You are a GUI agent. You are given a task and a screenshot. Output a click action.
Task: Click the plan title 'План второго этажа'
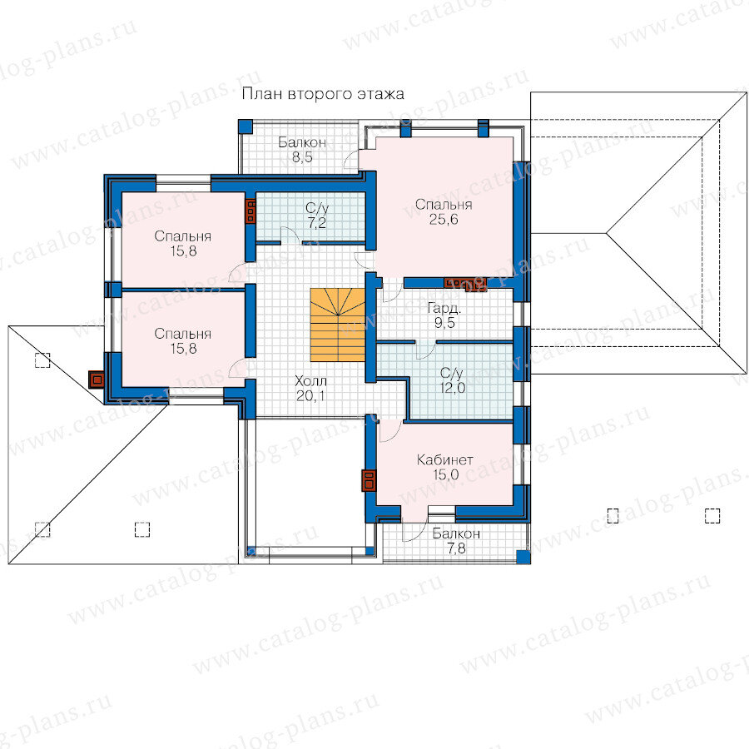point(323,94)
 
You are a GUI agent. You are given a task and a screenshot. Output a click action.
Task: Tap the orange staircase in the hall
point(338,325)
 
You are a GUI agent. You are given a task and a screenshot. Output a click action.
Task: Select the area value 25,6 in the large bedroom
point(444,219)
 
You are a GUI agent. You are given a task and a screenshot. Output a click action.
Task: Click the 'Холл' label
point(311,380)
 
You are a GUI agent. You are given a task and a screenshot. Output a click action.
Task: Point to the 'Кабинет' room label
point(445,460)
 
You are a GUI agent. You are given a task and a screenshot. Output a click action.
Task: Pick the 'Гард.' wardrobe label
point(444,308)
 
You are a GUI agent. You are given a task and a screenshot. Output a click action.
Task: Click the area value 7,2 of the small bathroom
point(317,223)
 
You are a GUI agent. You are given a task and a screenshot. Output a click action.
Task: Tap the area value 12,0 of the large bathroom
point(452,387)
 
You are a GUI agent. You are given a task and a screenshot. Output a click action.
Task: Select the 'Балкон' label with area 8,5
point(302,142)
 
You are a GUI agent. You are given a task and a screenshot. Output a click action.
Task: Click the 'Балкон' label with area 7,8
point(456,533)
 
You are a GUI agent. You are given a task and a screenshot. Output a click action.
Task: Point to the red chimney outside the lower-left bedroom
point(97,380)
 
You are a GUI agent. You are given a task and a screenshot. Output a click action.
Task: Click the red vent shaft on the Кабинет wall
point(369,480)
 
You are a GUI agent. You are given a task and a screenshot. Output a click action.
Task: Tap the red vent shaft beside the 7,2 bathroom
point(250,211)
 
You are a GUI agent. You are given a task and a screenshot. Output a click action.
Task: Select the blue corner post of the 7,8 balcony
point(523,557)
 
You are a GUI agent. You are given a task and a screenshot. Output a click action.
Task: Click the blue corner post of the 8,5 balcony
point(246,126)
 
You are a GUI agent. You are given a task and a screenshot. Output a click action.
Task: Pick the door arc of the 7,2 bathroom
point(290,234)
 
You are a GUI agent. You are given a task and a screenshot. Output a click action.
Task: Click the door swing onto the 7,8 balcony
point(414,527)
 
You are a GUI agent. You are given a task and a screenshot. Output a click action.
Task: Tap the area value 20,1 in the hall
point(311,396)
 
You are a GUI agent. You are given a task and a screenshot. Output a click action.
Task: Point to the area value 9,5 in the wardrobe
point(444,323)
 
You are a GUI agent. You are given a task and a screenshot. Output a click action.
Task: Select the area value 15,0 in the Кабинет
point(446,475)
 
